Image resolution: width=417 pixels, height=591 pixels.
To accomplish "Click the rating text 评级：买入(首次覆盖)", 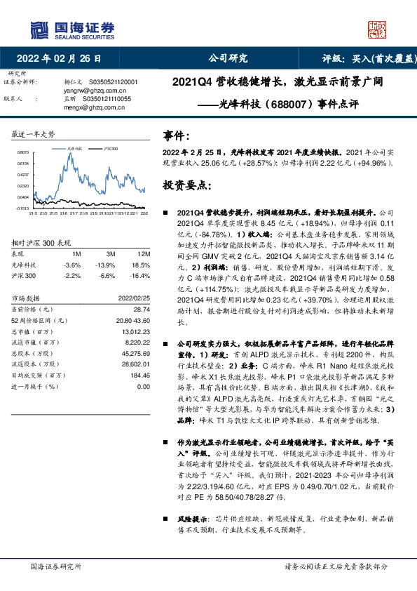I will (367, 58).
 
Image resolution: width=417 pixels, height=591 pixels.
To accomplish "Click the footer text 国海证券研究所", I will (56, 566).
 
